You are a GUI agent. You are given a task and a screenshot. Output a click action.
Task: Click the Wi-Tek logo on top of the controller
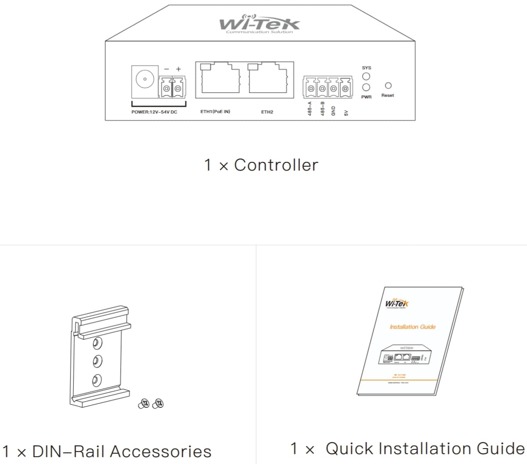(x=260, y=24)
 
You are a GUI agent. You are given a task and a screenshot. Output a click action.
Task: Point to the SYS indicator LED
(x=366, y=77)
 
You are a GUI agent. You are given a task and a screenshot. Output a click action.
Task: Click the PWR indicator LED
(x=366, y=88)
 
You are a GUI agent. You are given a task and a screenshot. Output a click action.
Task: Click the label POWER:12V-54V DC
(x=154, y=112)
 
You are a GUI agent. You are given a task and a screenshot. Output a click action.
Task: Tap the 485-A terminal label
(x=310, y=109)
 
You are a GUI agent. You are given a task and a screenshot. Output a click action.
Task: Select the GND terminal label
(x=333, y=110)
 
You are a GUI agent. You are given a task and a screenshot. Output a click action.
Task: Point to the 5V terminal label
(x=346, y=113)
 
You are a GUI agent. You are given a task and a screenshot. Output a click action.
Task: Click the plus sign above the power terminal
(x=178, y=69)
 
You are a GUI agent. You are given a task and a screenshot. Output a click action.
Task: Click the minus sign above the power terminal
(x=166, y=69)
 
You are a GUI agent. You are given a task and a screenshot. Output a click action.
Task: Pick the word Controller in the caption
(x=276, y=165)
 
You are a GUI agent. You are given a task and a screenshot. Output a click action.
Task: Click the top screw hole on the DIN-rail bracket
(x=97, y=342)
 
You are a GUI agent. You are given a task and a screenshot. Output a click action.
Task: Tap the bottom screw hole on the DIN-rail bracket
(x=97, y=379)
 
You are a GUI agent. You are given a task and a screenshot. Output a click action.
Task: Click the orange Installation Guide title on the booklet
(x=412, y=327)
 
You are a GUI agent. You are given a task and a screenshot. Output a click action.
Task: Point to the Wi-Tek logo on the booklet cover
(x=397, y=303)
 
